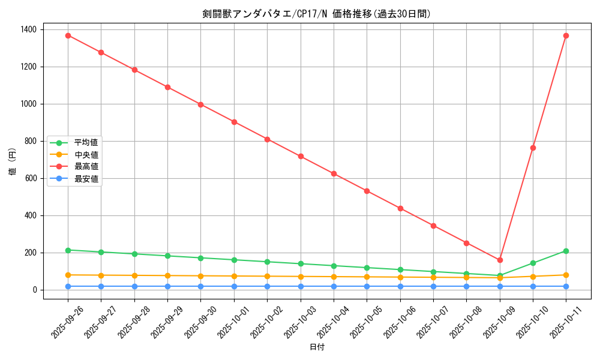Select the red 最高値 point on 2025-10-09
pos(500,260)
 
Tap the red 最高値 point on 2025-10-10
pos(533,148)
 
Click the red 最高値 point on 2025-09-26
pos(68,35)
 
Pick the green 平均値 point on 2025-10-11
pos(566,251)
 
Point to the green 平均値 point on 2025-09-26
pos(68,250)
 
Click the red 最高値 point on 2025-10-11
pos(566,35)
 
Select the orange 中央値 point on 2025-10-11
pos(566,275)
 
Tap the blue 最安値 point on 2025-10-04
pos(334,286)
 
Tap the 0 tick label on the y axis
pos(35,290)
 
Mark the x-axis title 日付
pos(317,347)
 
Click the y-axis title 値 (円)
pos(12,161)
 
